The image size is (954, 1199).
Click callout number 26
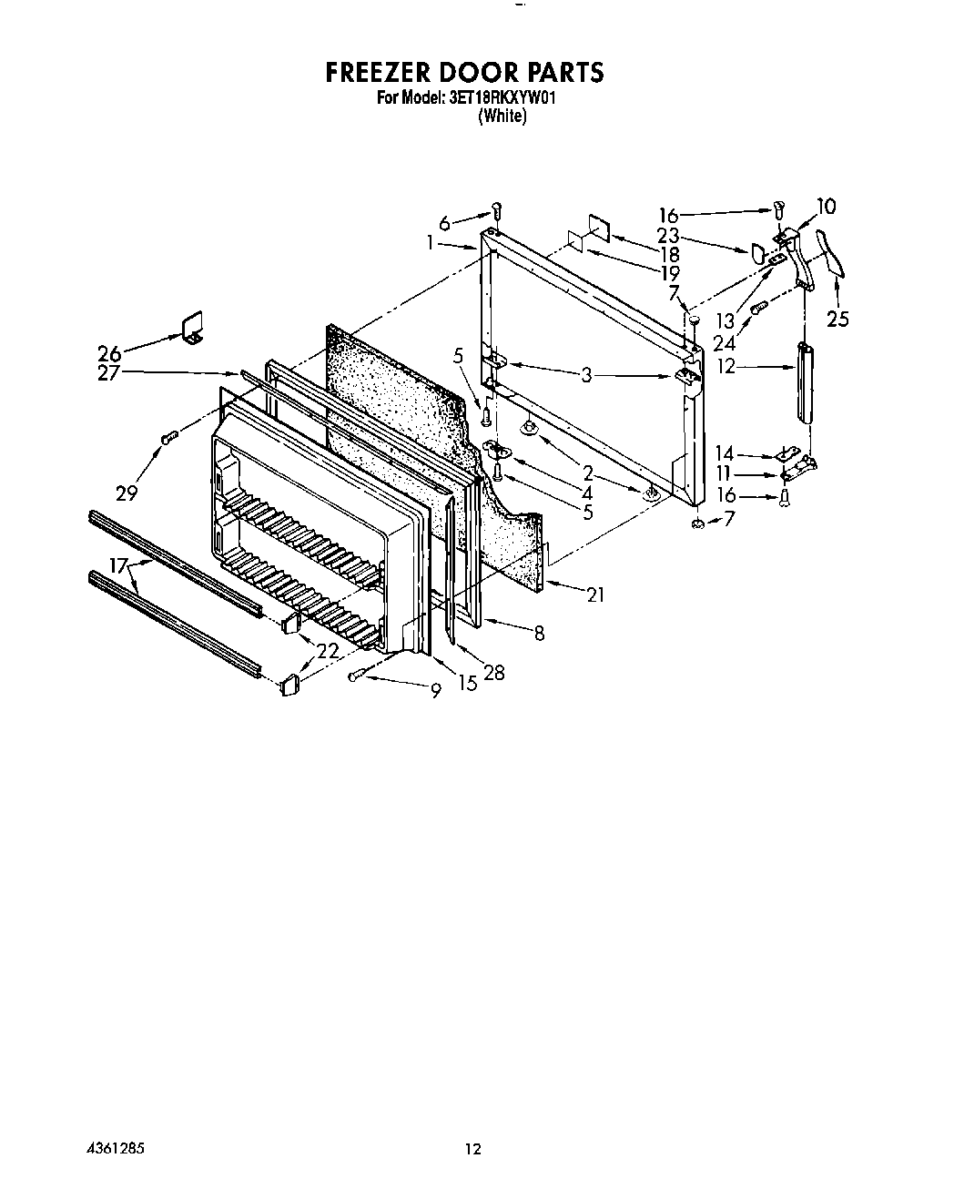[x=109, y=353]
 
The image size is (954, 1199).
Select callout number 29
[x=127, y=493]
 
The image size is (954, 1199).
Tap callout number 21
[x=595, y=595]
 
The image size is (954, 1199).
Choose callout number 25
[x=837, y=320]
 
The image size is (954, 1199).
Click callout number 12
[x=726, y=366]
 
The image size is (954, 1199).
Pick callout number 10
[x=827, y=207]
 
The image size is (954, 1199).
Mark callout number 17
[x=118, y=565]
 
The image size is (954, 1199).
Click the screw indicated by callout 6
[x=497, y=212]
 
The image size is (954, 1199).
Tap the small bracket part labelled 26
[x=193, y=329]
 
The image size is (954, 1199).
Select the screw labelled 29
[x=168, y=438]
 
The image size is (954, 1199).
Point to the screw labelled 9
[x=355, y=676]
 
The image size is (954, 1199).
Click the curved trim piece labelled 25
[x=831, y=254]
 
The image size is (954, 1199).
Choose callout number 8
[x=539, y=633]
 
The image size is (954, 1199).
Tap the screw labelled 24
[x=759, y=308]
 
